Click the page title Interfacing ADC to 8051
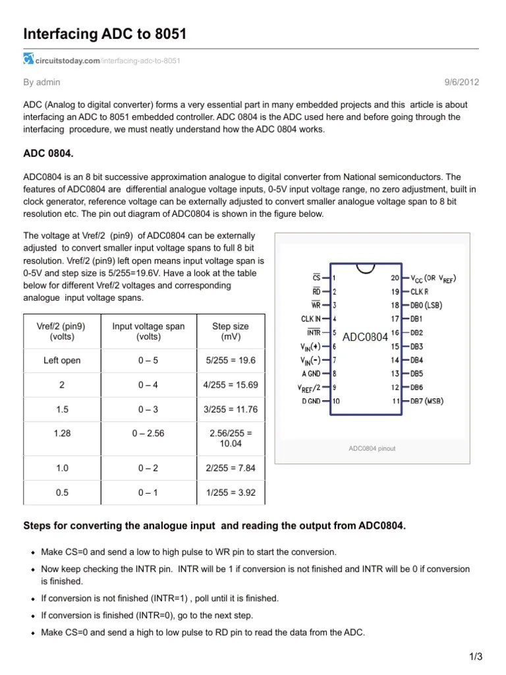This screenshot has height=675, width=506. coord(105,33)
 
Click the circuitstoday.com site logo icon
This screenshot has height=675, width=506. coord(28,60)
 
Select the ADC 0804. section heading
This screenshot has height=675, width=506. coord(48,153)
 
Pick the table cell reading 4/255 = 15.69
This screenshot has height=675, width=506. coord(231,385)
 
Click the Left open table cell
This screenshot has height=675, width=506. coord(62,361)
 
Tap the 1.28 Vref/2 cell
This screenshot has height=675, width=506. coord(62,434)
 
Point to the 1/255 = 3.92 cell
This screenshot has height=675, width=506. coord(231,492)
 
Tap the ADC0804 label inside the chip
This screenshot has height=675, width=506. coord(365,337)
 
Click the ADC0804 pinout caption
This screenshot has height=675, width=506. coord(372,448)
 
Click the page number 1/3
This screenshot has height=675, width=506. coord(476,657)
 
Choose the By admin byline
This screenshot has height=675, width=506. coord(42,82)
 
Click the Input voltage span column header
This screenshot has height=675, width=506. coord(148,331)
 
